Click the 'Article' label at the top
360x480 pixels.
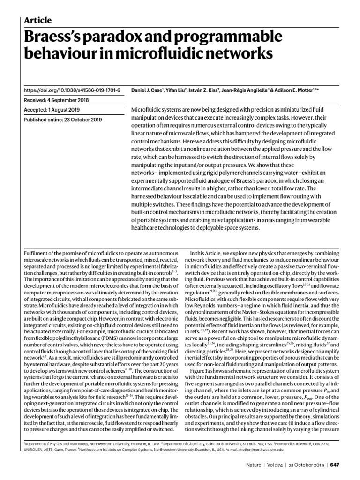37,20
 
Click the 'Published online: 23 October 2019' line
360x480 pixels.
62,120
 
